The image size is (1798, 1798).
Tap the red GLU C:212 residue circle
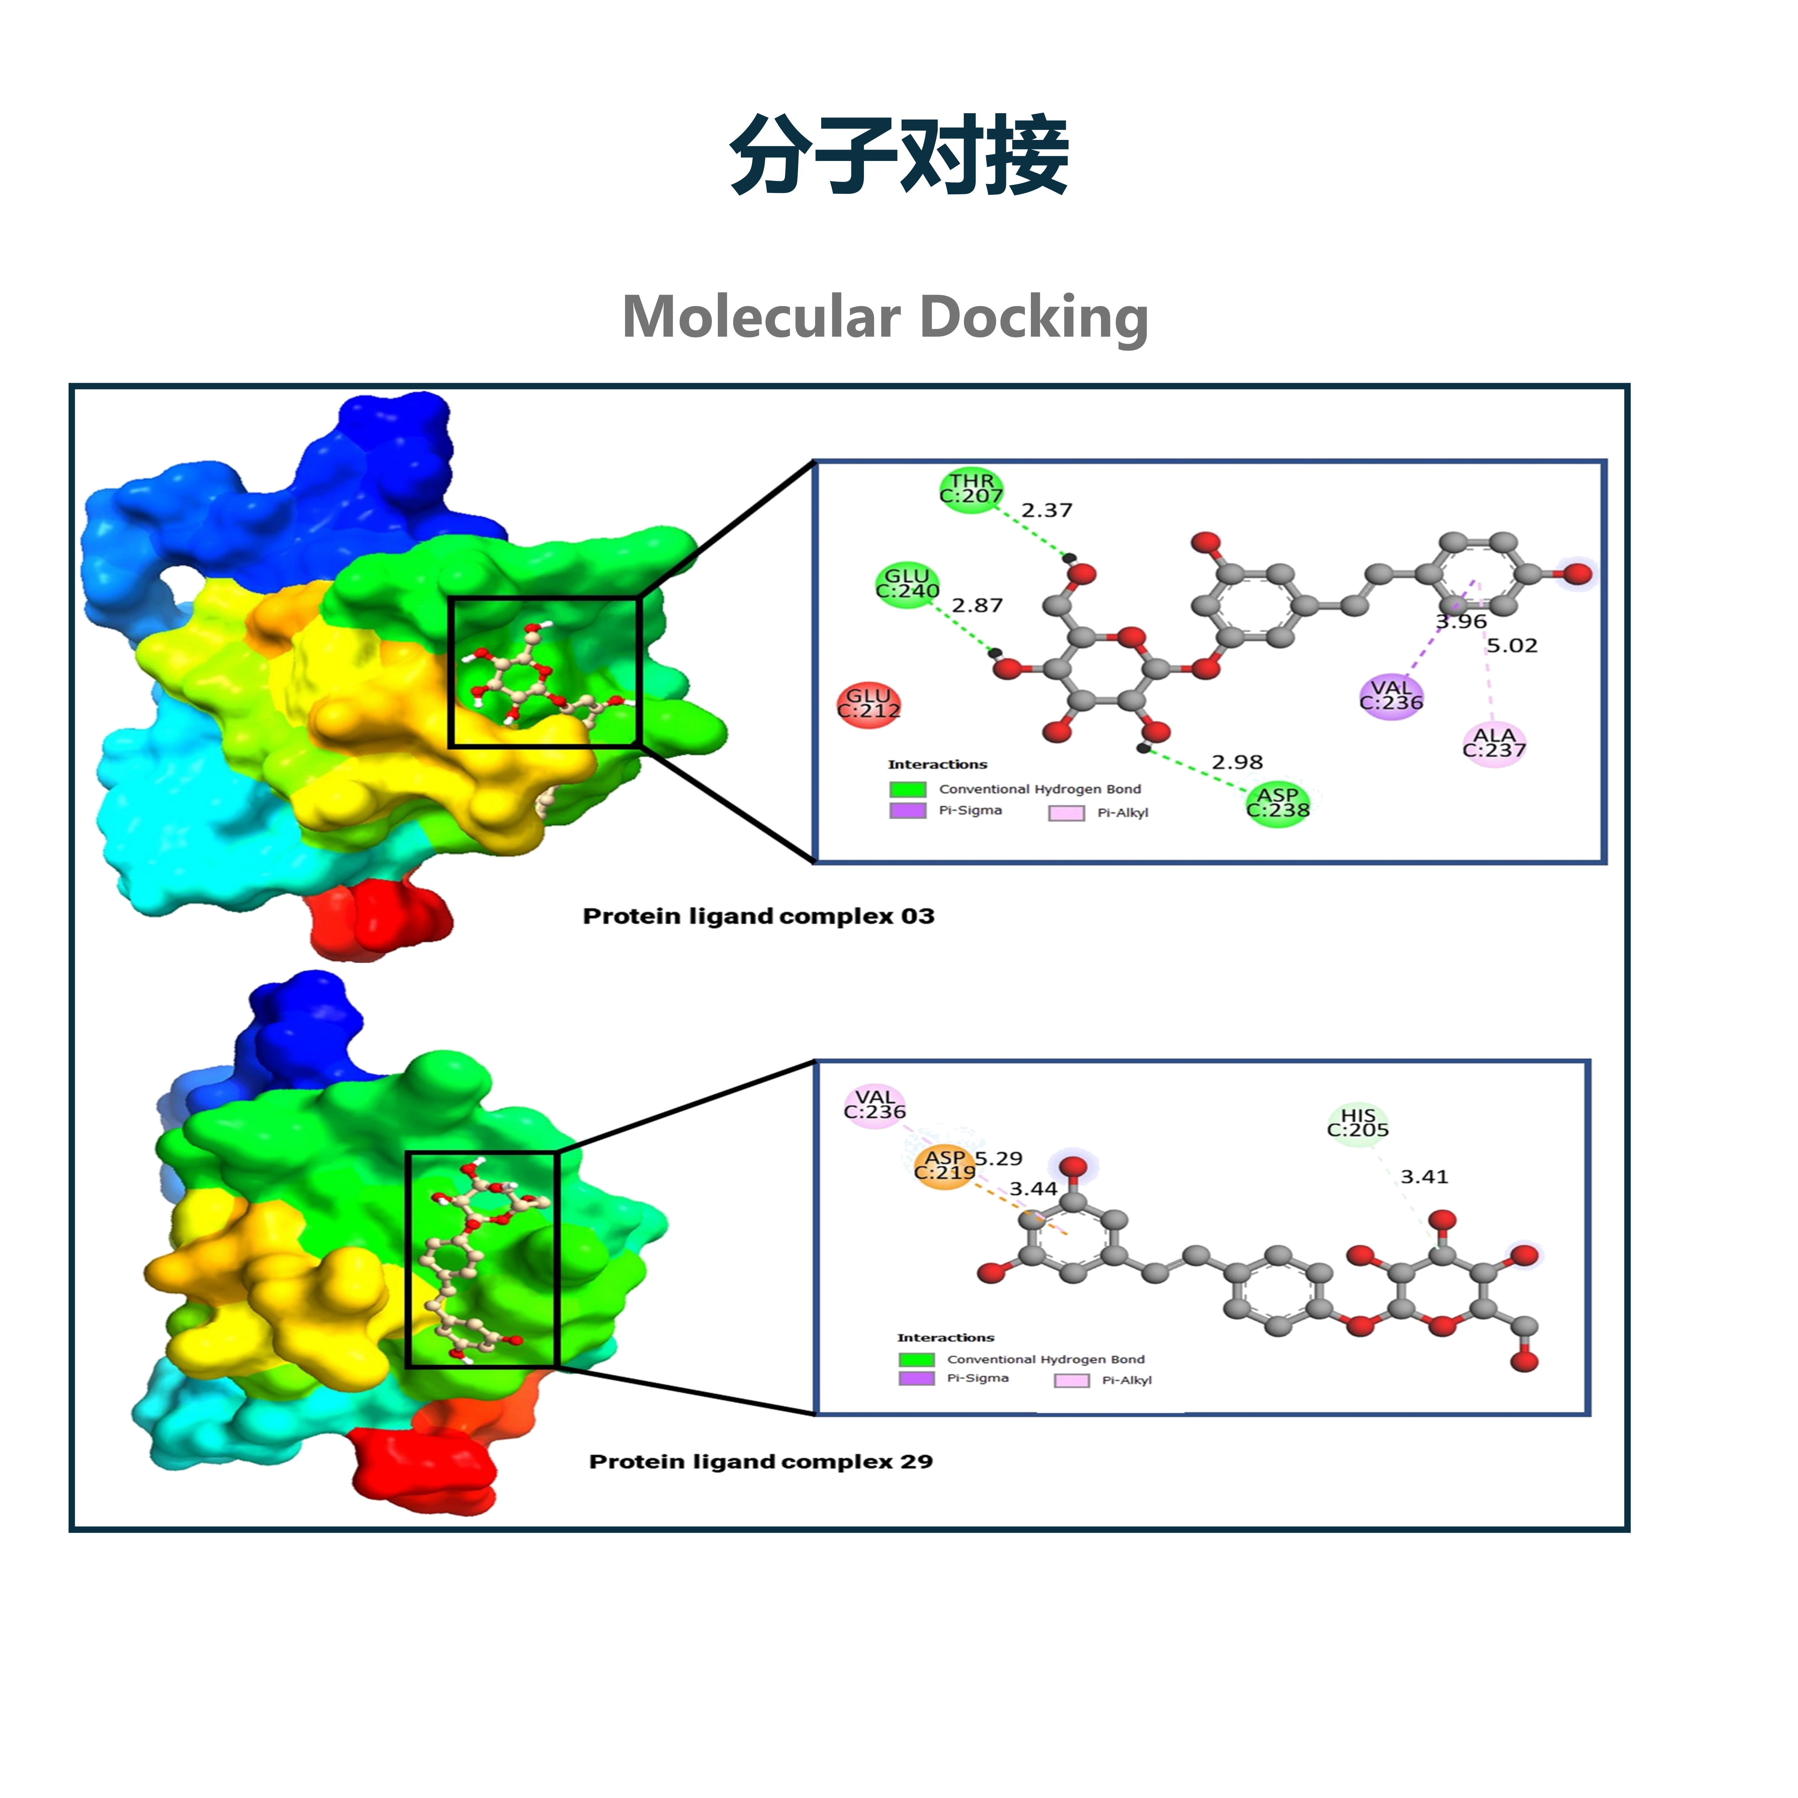point(868,704)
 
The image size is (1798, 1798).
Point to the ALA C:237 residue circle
point(1494,744)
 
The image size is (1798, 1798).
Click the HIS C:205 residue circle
point(1358,1123)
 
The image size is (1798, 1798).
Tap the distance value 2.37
point(1047,510)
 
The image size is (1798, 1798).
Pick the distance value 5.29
point(998,1159)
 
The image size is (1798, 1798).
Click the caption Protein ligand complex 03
point(759,917)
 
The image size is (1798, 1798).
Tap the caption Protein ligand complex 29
point(761,1462)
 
